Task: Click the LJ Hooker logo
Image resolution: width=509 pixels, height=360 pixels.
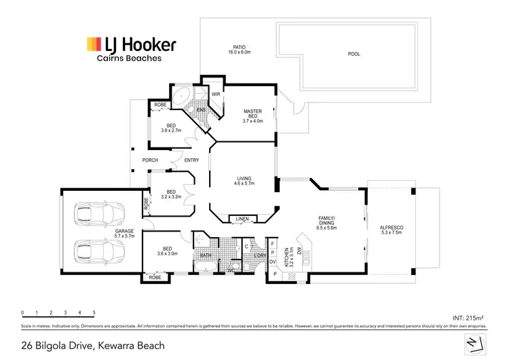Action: point(131,46)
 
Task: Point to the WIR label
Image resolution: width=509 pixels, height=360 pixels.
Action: point(215,94)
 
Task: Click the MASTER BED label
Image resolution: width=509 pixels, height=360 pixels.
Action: point(252,116)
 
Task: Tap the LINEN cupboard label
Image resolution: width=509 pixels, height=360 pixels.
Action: point(242,219)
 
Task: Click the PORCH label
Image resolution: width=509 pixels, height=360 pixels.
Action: point(150,160)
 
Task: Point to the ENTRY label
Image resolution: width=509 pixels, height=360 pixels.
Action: point(191,160)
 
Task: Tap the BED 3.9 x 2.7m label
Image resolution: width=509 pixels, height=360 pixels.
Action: point(170,128)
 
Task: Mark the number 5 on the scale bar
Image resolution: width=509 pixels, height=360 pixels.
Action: point(94,313)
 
